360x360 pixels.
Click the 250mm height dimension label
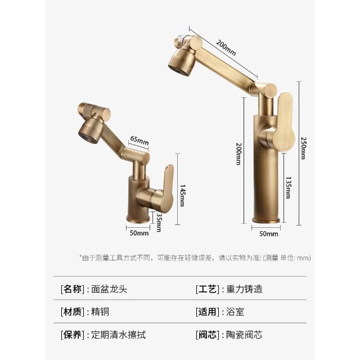pyautogui.click(x=304, y=148)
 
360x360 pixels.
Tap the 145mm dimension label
pyautogui.click(x=182, y=195)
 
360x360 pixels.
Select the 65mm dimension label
pyautogui.click(x=139, y=140)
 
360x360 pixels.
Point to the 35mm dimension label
pyautogui.click(x=159, y=223)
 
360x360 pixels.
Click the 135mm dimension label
pyautogui.click(x=289, y=187)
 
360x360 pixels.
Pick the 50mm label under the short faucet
pyautogui.click(x=139, y=233)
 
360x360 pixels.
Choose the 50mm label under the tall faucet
pyautogui.click(x=269, y=234)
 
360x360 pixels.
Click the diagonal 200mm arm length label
pyautogui.click(x=226, y=48)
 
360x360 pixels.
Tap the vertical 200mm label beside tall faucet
pyautogui.click(x=238, y=154)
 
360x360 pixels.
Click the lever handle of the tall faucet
pyautogui.click(x=285, y=121)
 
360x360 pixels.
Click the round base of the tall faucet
pyautogui.click(x=266, y=220)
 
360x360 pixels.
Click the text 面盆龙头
pyautogui.click(x=109, y=289)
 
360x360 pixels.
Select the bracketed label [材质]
pyautogui.click(x=73, y=312)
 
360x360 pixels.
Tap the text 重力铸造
pyautogui.click(x=244, y=289)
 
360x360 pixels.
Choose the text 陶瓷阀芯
pyautogui.click(x=244, y=335)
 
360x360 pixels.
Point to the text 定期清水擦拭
pyautogui.click(x=118, y=335)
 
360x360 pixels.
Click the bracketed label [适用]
pyautogui.click(x=208, y=312)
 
